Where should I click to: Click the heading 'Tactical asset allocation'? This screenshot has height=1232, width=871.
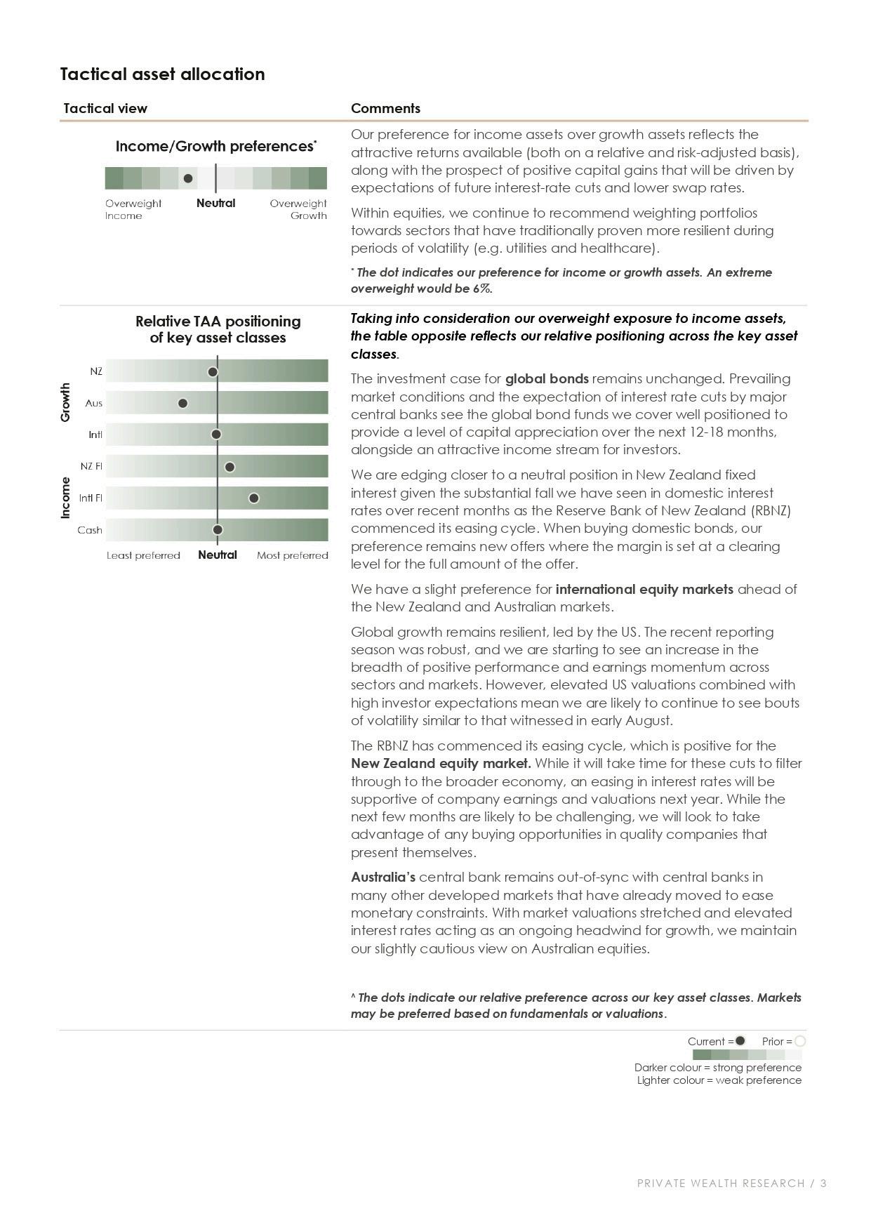162,74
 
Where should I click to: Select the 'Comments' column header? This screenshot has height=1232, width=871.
385,108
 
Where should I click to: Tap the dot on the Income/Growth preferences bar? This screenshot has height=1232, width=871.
188,178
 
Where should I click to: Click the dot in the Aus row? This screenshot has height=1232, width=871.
183,403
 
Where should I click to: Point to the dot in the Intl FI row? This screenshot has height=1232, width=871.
254,498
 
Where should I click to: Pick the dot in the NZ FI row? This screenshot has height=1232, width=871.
230,467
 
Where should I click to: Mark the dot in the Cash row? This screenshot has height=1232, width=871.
218,529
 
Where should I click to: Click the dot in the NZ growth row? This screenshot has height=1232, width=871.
213,371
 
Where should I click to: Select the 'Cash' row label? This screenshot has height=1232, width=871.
90,530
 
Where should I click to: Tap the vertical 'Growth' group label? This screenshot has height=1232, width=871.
66,402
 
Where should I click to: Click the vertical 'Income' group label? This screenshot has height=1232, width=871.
66,498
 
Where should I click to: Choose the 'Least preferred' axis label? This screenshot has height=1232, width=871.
143,555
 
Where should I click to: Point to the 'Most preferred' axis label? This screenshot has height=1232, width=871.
292,555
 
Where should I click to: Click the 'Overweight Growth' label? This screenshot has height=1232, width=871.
299,209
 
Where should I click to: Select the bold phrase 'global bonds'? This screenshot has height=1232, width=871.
547,379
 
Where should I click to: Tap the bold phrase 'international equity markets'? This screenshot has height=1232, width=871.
644,589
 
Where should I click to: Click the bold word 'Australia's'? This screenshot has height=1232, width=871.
383,877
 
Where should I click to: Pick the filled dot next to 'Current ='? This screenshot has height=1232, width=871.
740,1040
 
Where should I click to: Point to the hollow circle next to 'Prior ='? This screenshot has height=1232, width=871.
800,1041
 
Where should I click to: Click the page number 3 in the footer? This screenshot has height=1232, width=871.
823,1183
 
